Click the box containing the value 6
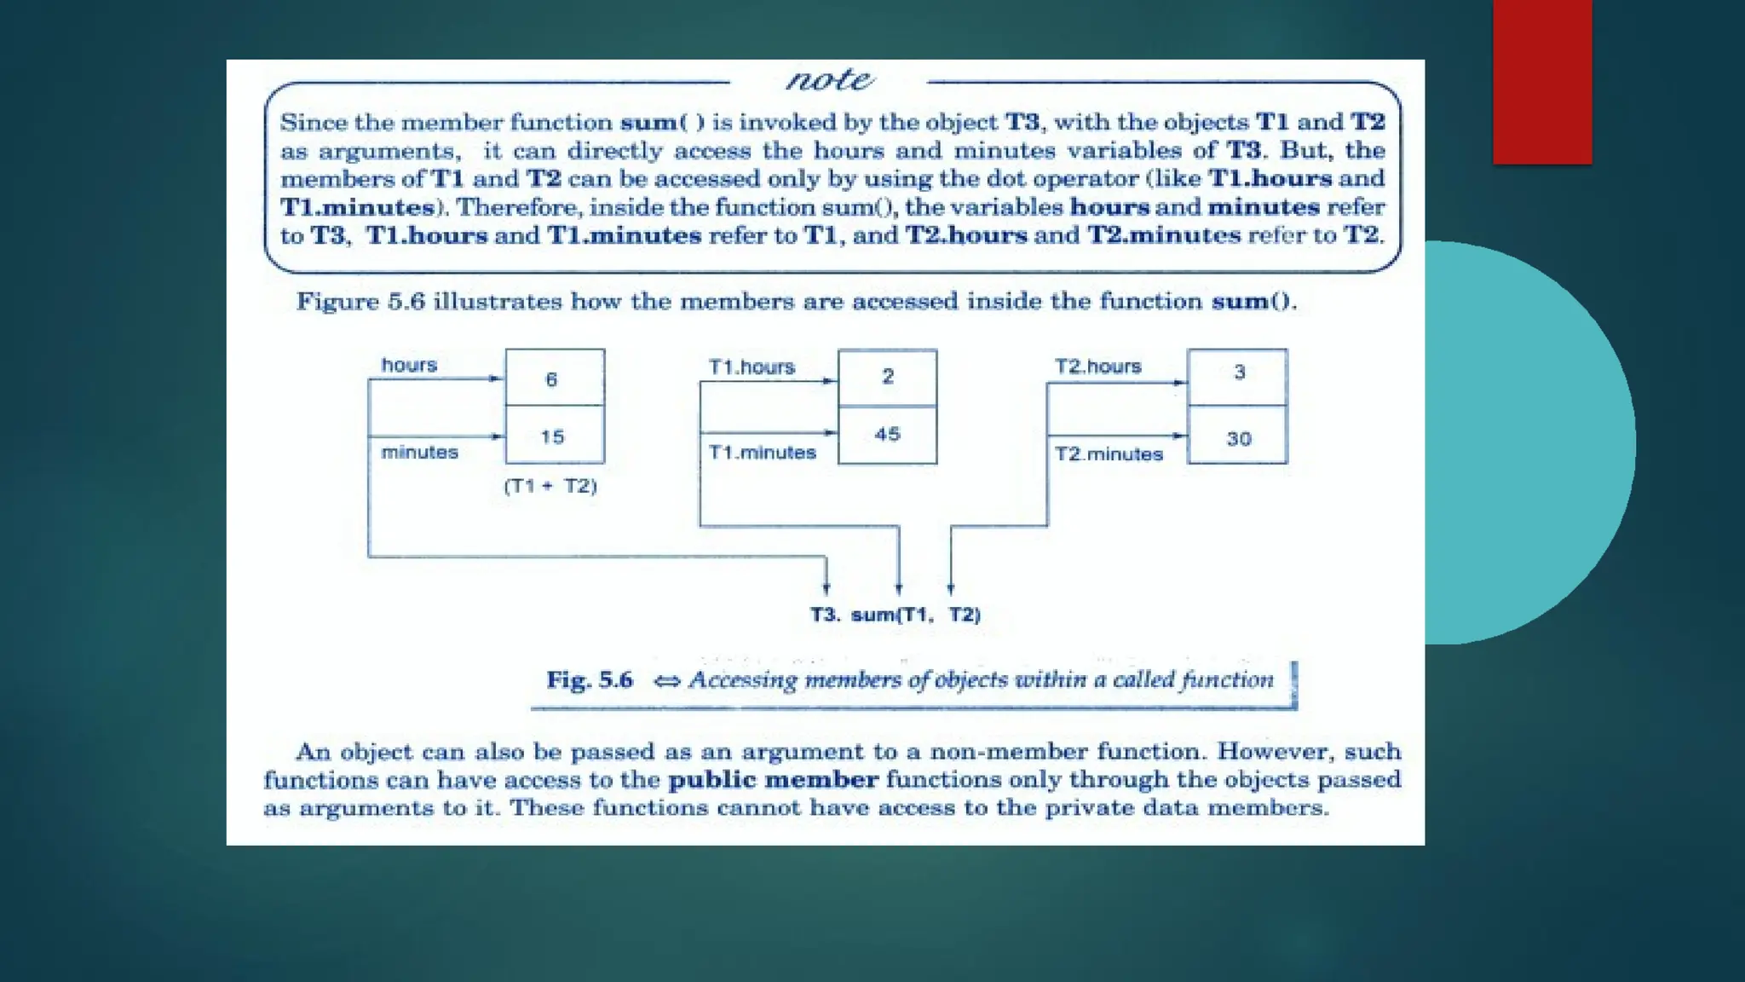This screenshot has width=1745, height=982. tap(555, 378)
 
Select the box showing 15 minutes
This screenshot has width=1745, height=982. tap(555, 436)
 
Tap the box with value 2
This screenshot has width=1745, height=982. tap(887, 377)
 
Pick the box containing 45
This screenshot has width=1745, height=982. tap(887, 434)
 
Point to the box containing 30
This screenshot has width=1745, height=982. tap(1238, 437)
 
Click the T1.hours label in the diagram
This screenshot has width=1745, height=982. tap(752, 367)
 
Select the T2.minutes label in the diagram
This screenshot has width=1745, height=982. tap(1109, 453)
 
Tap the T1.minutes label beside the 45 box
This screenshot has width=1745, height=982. tap(763, 452)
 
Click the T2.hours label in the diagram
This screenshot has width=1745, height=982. tap(1097, 366)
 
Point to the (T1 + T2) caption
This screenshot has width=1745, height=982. tap(550, 486)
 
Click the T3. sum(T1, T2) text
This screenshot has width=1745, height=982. tap(895, 615)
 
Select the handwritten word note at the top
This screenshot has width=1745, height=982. tap(829, 80)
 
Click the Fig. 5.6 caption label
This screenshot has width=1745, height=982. tap(590, 679)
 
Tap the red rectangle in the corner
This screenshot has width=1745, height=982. tap(1542, 81)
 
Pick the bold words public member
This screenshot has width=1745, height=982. tap(773, 779)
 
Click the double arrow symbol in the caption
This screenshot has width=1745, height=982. tap(667, 680)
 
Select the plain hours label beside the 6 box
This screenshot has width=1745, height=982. tap(409, 365)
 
